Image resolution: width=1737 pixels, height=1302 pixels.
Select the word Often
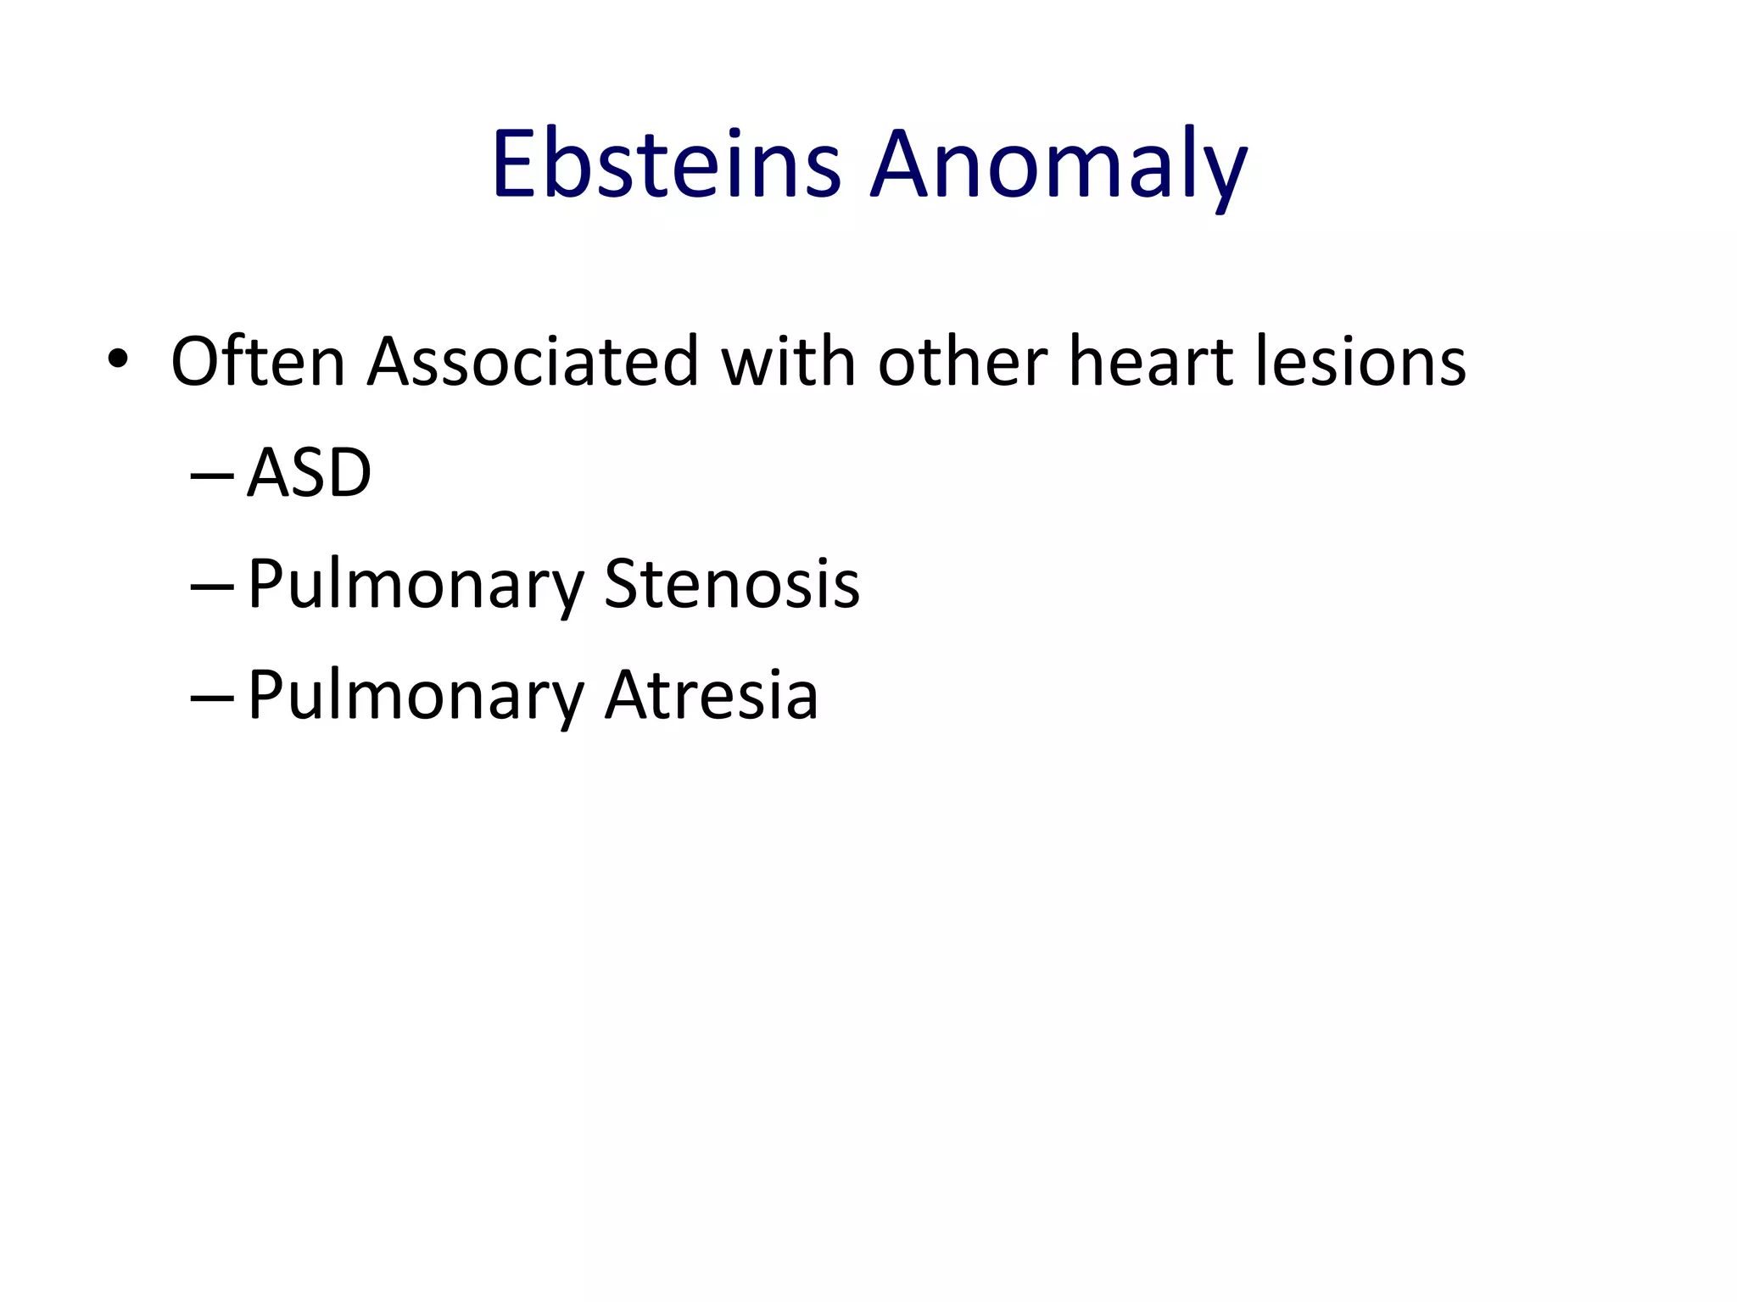pos(258,362)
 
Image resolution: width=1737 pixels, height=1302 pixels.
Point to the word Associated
pos(533,362)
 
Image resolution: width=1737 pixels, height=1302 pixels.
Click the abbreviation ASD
pos(310,473)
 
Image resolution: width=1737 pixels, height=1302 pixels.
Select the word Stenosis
pos(732,584)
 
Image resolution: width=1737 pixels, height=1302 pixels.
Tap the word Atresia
pos(711,695)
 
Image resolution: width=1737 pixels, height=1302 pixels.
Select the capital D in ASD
pos(349,473)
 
